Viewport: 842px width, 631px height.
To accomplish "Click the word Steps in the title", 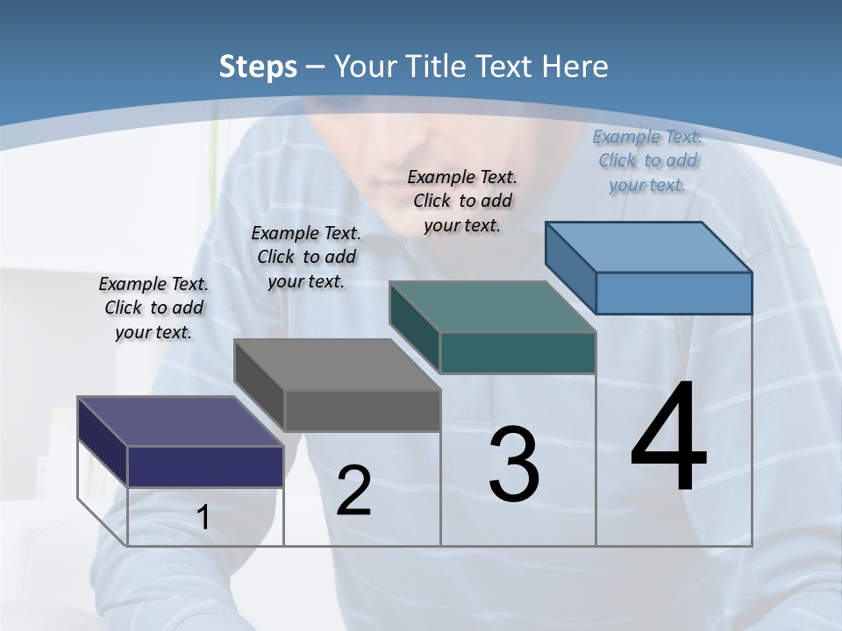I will [x=258, y=67].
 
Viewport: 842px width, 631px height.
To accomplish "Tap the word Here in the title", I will [x=576, y=67].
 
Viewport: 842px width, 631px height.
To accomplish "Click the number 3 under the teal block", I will [x=514, y=465].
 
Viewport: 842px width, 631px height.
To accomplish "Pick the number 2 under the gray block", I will [x=354, y=491].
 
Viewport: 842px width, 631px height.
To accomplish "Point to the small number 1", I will [x=203, y=518].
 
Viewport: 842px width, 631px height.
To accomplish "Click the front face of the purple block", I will [x=205, y=466].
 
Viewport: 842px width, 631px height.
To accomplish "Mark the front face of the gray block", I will [x=362, y=410].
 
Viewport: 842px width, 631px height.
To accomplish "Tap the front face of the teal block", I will [x=517, y=352].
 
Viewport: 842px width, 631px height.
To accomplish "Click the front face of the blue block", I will [x=674, y=293].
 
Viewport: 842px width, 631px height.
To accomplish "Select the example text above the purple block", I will [x=153, y=308].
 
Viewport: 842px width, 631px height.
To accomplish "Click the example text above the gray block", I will [x=306, y=257].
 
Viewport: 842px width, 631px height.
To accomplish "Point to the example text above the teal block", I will [x=462, y=201].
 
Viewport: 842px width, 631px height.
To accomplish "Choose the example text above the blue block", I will [x=647, y=160].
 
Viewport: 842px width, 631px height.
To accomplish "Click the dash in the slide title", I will [x=316, y=67].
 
